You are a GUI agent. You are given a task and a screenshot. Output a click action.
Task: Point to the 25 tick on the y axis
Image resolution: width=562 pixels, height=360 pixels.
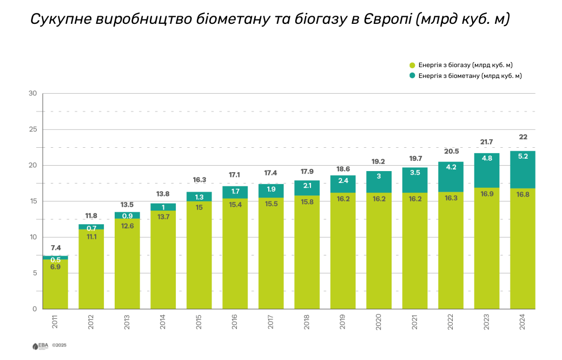(32, 129)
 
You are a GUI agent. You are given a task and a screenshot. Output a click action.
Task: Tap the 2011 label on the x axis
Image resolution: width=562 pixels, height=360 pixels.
(55, 324)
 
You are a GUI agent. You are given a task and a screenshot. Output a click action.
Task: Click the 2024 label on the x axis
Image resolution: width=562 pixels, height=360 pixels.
(523, 324)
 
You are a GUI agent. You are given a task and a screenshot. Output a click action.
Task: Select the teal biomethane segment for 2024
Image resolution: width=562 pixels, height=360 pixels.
(523, 169)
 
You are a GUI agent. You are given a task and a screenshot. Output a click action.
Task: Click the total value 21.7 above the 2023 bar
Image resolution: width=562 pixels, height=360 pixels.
(487, 142)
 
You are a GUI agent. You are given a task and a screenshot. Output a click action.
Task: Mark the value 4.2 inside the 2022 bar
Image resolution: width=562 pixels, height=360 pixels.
(451, 167)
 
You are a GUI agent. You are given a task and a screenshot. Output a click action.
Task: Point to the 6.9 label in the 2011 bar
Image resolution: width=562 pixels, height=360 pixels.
(55, 267)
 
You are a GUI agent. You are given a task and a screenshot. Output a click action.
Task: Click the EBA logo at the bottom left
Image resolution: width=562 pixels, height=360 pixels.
(41, 345)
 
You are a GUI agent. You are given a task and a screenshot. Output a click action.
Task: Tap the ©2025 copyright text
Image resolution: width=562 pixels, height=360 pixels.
(59, 345)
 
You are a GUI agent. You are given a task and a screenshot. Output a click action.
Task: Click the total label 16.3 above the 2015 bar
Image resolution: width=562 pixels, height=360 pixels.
(199, 180)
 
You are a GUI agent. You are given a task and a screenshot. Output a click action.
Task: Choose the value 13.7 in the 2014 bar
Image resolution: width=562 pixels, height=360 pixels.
(163, 217)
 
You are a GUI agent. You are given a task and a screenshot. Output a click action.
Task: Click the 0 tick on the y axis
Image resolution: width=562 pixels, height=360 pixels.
(34, 309)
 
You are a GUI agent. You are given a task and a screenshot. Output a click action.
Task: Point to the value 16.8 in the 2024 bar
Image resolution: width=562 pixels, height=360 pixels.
(523, 195)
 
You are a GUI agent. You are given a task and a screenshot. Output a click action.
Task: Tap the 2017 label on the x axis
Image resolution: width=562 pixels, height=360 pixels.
(271, 324)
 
